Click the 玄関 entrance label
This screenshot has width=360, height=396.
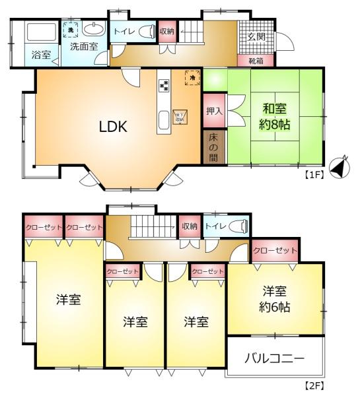point(257,36)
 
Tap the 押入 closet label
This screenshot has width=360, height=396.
point(213,112)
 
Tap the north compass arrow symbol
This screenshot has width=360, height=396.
point(337,168)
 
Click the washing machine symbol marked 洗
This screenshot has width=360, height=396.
point(71,30)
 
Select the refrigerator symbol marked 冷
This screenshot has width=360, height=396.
point(193,77)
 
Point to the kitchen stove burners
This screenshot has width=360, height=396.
point(164,84)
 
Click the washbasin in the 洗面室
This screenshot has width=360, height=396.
point(94,30)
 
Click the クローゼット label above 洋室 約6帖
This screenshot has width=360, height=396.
point(274,251)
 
